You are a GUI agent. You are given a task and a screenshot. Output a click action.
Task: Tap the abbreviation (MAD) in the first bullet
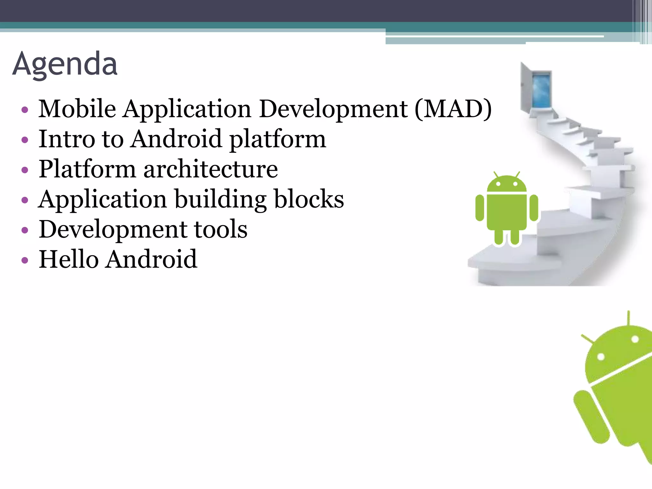(453, 109)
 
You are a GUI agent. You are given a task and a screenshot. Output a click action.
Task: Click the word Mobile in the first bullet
(77, 109)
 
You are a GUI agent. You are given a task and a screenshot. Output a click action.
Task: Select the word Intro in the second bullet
(67, 139)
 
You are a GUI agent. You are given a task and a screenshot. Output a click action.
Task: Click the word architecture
(210, 169)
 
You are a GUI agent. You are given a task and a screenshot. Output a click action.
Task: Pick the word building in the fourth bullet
(221, 200)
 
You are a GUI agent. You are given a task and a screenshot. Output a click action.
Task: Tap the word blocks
(309, 199)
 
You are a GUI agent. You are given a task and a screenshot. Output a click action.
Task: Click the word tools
(221, 229)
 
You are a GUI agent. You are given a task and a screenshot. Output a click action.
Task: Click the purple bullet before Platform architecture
(25, 170)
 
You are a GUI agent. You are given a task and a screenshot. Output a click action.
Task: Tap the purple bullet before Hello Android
(25, 260)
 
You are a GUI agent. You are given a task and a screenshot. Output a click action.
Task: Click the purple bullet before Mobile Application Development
(25, 110)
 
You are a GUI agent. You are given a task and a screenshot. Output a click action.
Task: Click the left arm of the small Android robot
(479, 208)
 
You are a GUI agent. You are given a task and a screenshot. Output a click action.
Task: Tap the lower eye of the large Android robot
(601, 357)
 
